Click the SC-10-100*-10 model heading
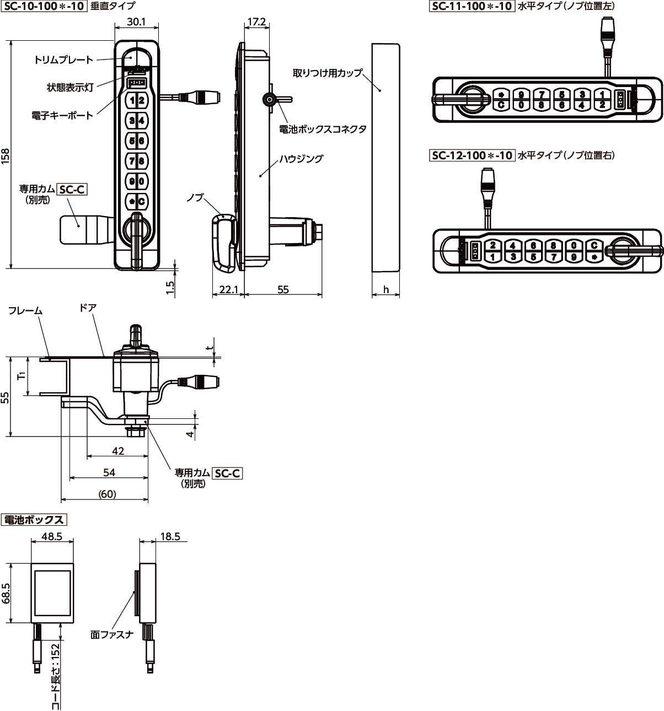[x=44, y=7]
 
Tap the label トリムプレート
[x=63, y=59]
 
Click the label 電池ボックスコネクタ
[x=323, y=129]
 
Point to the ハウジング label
[x=301, y=159]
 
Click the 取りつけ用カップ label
[x=328, y=72]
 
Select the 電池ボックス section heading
[x=34, y=520]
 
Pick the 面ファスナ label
[x=112, y=634]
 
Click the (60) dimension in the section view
[x=106, y=494]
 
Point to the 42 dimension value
[x=117, y=451]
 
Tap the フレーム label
[x=25, y=311]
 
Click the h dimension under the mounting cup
[x=385, y=289]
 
